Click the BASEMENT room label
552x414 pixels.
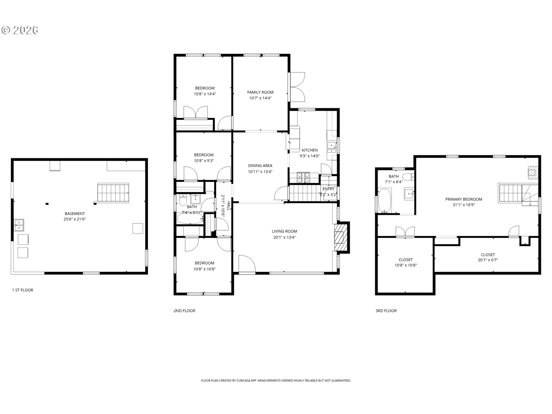click(x=75, y=214)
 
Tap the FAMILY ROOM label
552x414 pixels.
click(x=260, y=92)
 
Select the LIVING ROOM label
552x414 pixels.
click(x=284, y=231)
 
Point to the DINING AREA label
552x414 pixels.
click(x=260, y=166)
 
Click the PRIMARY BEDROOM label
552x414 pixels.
click(x=464, y=199)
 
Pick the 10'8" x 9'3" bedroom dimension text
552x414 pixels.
click(x=204, y=161)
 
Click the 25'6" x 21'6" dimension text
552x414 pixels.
click(x=75, y=219)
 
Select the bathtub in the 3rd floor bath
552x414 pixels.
click(x=384, y=200)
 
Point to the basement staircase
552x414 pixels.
click(x=113, y=193)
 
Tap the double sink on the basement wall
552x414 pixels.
click(x=19, y=225)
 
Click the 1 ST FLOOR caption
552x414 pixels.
click(x=23, y=290)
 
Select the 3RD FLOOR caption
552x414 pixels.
click(x=386, y=311)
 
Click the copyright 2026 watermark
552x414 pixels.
click(x=20, y=30)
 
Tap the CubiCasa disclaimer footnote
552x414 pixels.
click(x=276, y=381)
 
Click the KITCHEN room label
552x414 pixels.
click(x=310, y=150)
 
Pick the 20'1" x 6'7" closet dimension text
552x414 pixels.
click(x=488, y=260)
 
